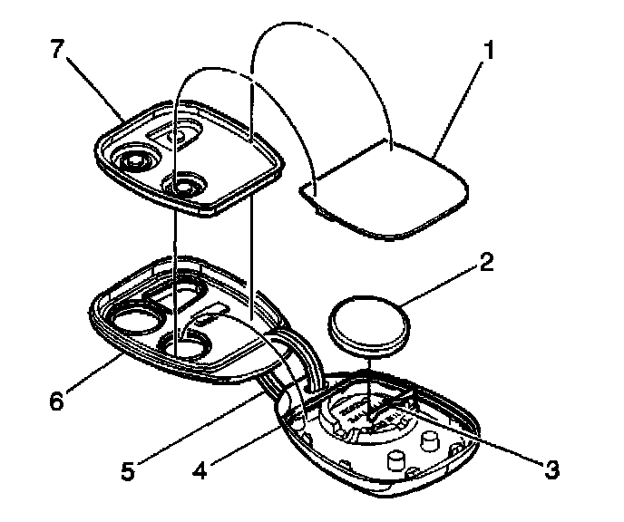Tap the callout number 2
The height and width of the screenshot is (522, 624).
click(x=487, y=264)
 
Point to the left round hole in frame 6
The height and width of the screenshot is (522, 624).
click(x=134, y=319)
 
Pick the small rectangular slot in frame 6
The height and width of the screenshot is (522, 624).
click(x=208, y=316)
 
